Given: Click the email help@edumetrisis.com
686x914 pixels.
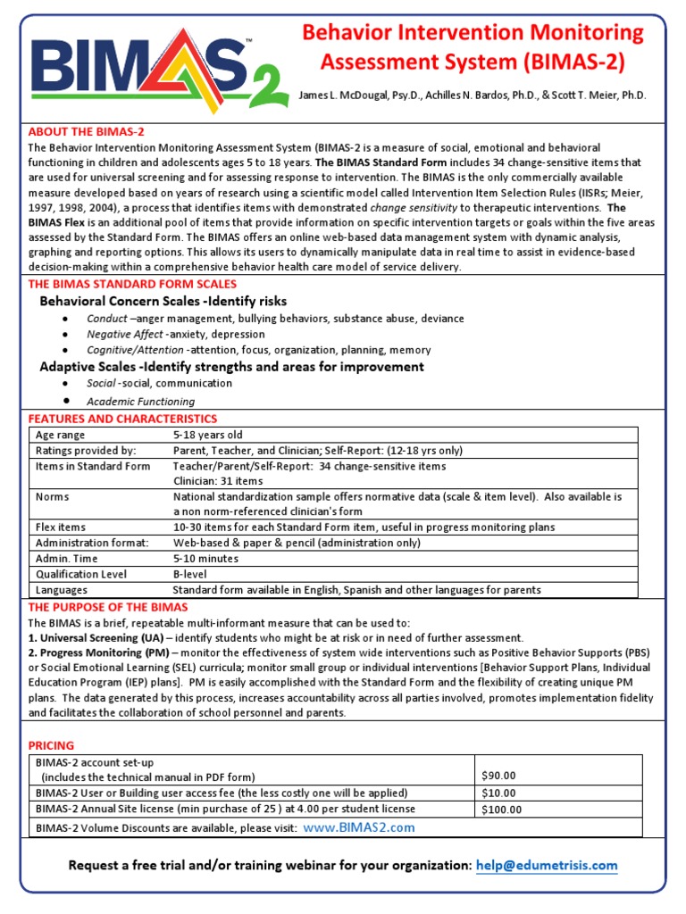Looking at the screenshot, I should [547, 865].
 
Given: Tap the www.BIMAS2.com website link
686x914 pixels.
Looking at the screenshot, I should [359, 827].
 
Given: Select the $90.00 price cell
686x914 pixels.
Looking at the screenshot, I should [498, 776].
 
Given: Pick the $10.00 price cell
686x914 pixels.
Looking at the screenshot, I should [498, 793].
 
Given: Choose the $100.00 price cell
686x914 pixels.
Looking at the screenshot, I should [501, 810].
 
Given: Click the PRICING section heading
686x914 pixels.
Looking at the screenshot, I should [52, 745].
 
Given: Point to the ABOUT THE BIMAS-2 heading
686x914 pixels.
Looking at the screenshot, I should [86, 131].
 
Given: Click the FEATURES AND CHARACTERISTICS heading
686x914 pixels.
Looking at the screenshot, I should [122, 419].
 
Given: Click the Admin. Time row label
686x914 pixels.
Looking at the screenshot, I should [68, 558].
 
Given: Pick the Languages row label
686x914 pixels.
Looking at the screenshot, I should [62, 590].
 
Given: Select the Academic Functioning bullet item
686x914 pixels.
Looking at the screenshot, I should [140, 401].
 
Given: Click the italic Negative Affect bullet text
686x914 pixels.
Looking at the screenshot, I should [124, 335].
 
